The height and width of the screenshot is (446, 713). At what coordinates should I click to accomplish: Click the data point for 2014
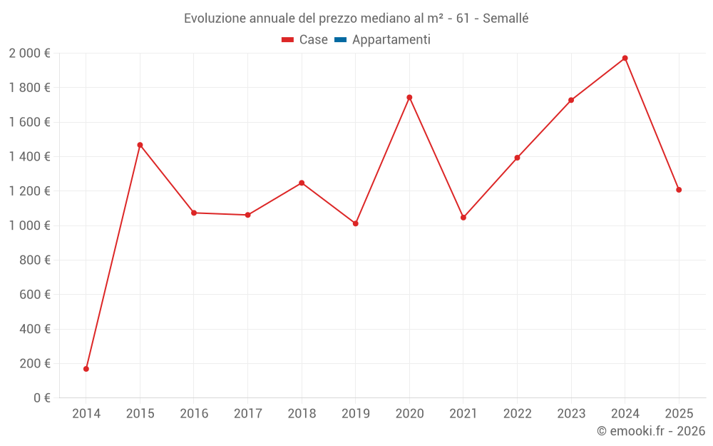[x=86, y=369]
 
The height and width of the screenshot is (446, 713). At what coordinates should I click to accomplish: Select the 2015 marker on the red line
[x=140, y=145]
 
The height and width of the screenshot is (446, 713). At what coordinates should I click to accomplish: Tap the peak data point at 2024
[x=625, y=58]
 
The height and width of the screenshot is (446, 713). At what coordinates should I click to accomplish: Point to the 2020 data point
[x=409, y=97]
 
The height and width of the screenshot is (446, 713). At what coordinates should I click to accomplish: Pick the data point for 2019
[x=356, y=223]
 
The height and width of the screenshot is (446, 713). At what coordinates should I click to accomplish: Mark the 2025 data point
[x=679, y=190]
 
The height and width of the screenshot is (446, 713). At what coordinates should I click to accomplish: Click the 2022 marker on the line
[x=517, y=158]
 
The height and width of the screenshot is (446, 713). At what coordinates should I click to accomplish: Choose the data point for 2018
[x=302, y=183]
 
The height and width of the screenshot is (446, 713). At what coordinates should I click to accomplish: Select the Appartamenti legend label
[x=391, y=40]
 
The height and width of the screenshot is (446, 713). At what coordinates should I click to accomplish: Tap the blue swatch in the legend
[x=340, y=40]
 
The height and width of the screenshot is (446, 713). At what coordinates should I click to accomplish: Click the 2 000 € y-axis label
[x=29, y=54]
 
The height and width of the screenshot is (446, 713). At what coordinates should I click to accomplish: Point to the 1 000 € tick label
[x=29, y=225]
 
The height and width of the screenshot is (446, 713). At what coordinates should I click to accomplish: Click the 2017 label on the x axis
[x=247, y=414]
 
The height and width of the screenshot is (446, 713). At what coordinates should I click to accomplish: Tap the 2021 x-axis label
[x=463, y=414]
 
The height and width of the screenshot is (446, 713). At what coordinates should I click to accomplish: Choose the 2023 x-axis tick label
[x=571, y=414]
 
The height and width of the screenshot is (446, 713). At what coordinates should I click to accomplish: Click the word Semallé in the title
[x=506, y=19]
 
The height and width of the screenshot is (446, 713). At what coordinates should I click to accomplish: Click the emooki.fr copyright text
[x=650, y=431]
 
